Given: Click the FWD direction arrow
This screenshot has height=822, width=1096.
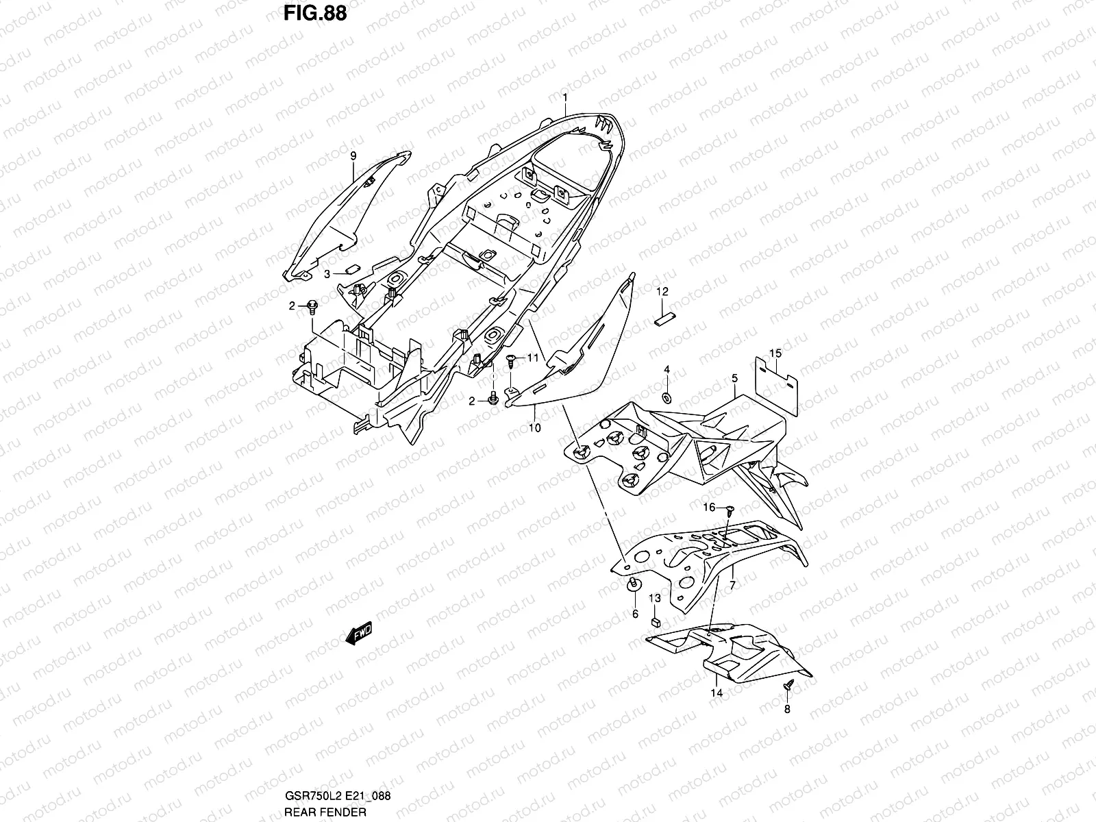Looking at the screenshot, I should [359, 634].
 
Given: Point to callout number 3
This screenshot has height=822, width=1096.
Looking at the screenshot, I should [327, 273].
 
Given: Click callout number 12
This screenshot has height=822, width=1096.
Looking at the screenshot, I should [662, 292].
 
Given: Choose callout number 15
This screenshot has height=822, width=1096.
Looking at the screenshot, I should [775, 353].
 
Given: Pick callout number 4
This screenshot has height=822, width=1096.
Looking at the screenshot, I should [667, 371].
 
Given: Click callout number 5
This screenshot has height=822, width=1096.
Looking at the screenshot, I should [734, 378].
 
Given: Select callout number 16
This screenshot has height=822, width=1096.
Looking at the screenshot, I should [710, 507].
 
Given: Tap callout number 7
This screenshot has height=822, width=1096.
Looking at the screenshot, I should [732, 586].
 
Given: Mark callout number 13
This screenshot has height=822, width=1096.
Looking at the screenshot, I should [655, 598].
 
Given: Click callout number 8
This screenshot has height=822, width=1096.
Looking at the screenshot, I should [787, 709].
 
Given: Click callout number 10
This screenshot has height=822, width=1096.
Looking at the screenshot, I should [535, 428].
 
